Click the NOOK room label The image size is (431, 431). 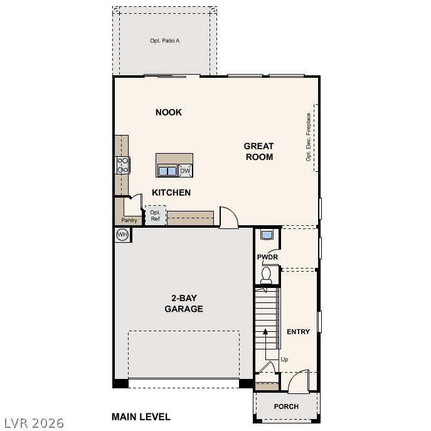[168, 112]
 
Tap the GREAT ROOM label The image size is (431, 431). [258, 151]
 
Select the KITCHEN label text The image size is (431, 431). [171, 193]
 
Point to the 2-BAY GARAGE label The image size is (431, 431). [183, 304]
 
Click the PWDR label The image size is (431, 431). [267, 257]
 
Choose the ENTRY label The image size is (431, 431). [298, 331]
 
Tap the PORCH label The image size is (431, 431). [286, 407]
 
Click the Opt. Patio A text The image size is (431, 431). [165, 41]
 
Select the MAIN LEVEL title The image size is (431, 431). [141, 417]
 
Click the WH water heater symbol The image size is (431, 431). [122, 235]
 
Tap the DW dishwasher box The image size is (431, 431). [185, 171]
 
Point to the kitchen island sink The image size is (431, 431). [167, 171]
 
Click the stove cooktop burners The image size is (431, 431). [122, 165]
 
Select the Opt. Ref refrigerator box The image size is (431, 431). [156, 215]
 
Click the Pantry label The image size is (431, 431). [129, 220]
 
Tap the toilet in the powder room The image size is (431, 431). [267, 274]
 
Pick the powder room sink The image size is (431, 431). [267, 235]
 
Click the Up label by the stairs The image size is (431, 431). [284, 359]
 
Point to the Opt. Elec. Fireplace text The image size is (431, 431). [309, 137]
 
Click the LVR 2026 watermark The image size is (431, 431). [34, 423]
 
